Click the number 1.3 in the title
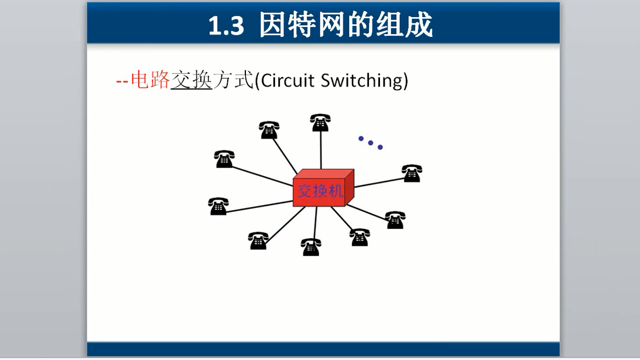pos(225,26)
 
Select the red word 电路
pos(150,80)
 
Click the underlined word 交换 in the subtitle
pos(191,80)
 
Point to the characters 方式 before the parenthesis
pos(232,80)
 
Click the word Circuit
pos(287,80)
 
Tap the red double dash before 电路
pos(122,81)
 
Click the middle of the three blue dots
pos(371,142)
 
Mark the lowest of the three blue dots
pos(380,147)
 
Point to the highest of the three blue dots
pos(361,139)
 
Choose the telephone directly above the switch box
pos(320,122)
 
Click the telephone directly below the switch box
pos(311,247)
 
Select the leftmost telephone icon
pos(218,206)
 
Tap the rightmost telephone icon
pos(412,173)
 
